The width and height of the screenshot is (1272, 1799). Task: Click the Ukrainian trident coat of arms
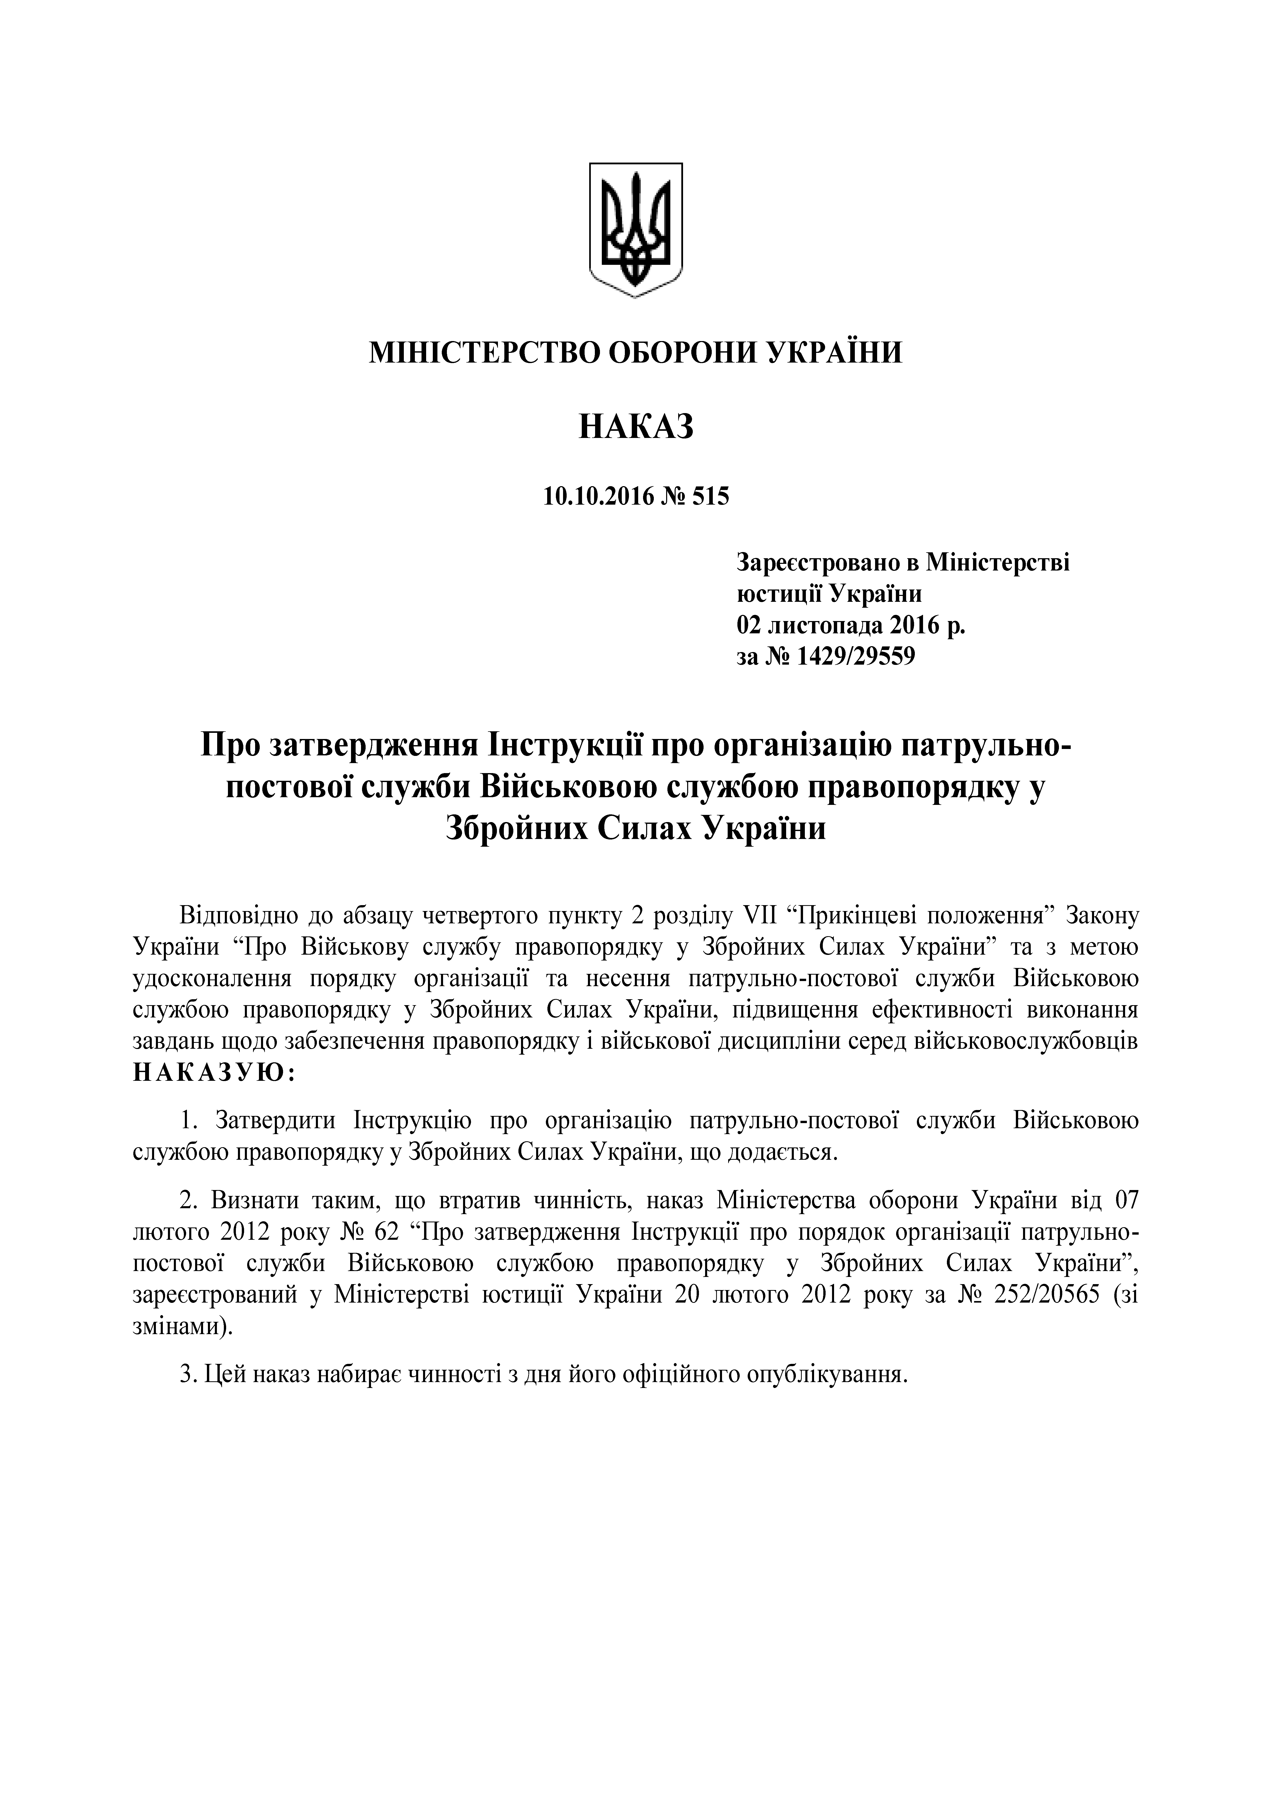pos(636,229)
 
